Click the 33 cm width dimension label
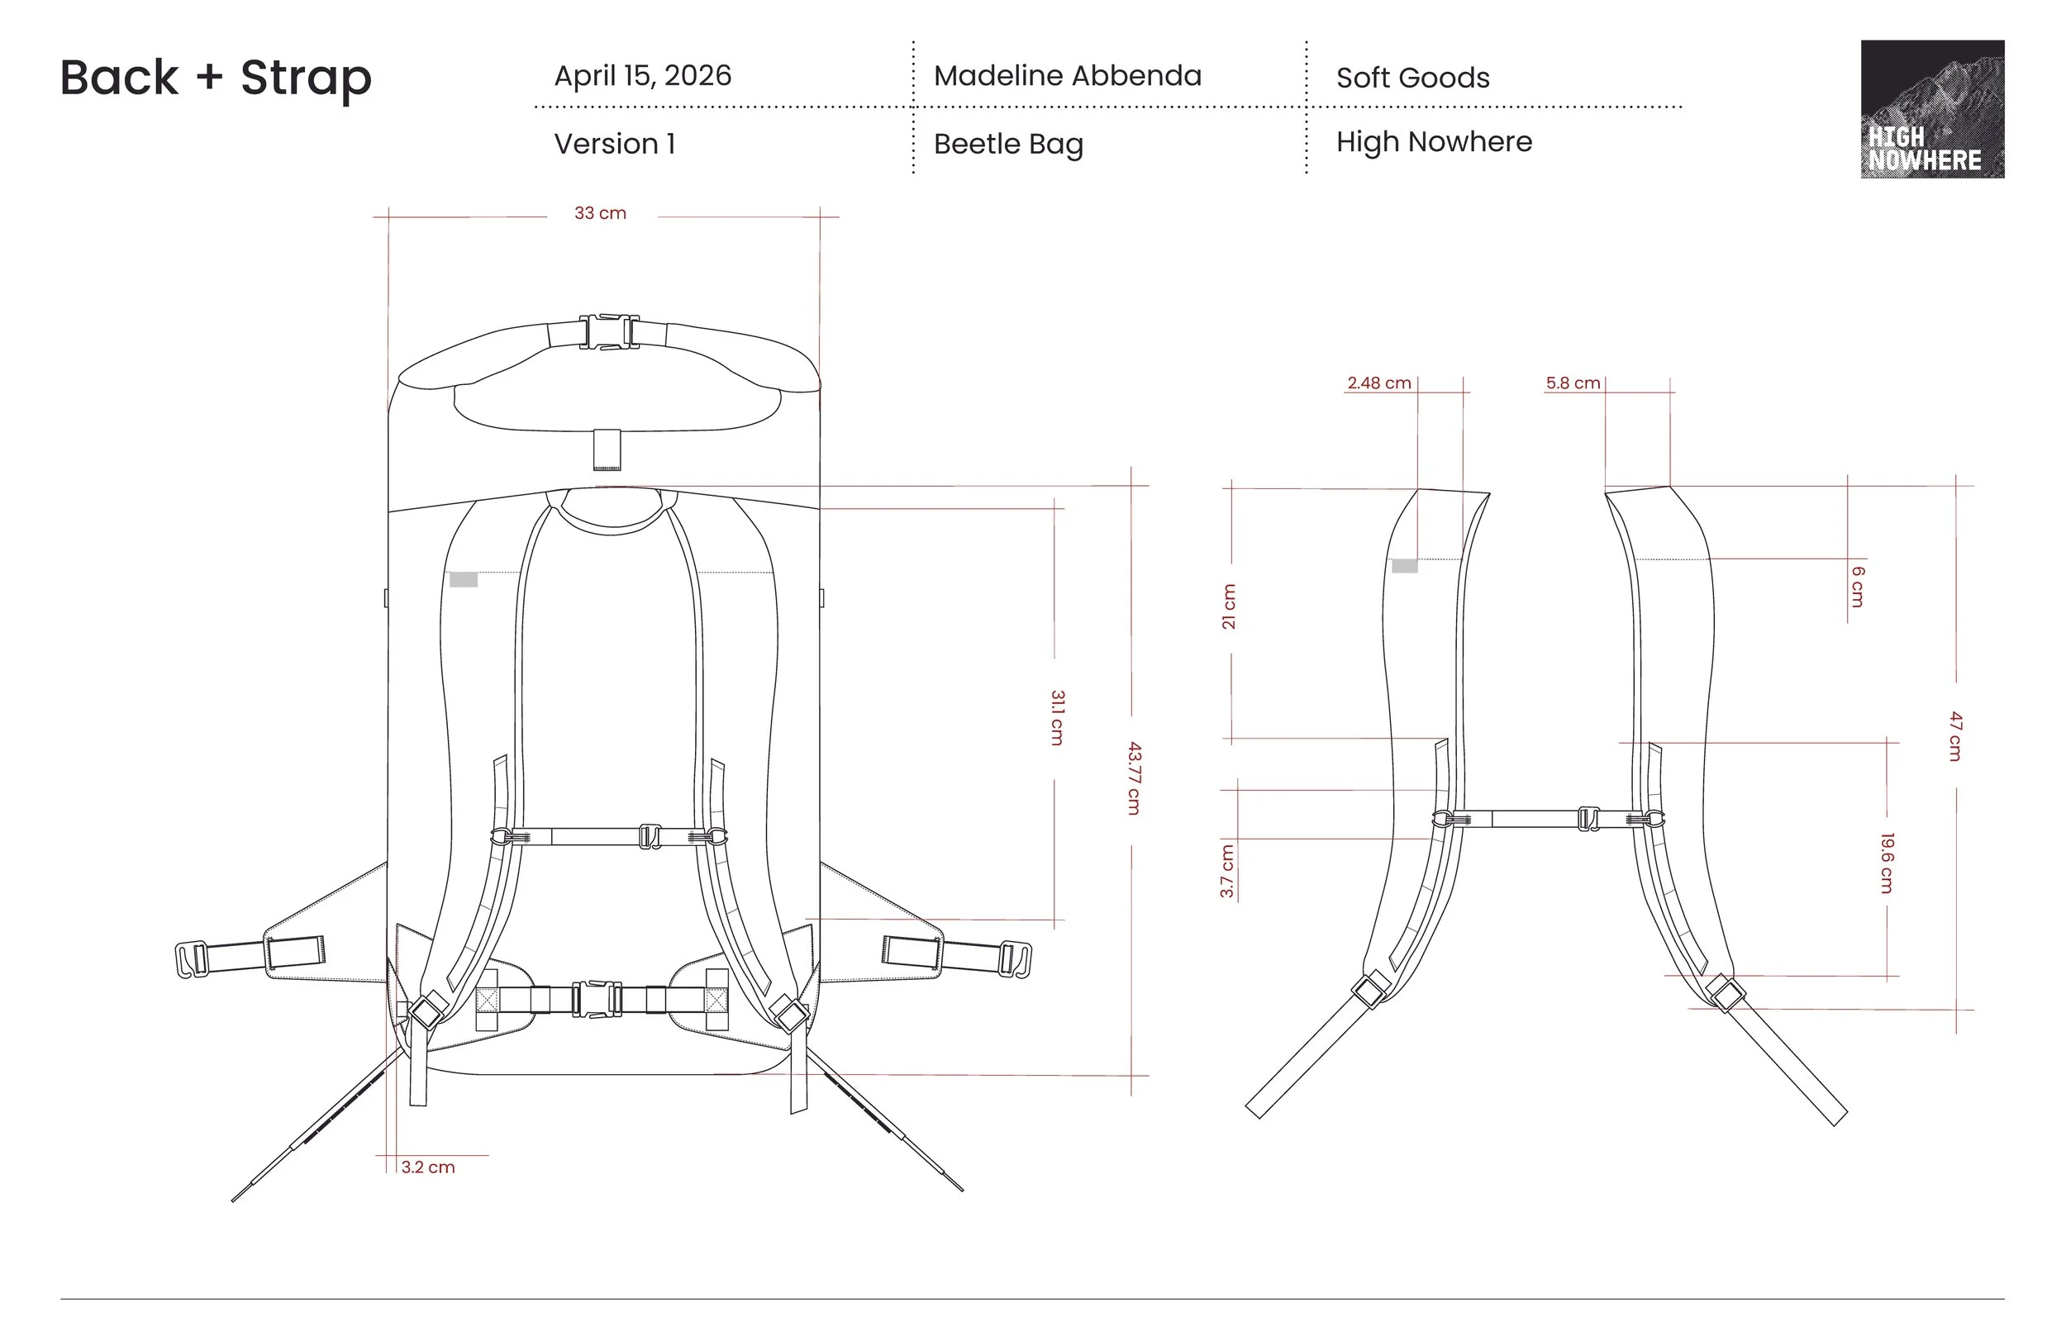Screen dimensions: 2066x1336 600,213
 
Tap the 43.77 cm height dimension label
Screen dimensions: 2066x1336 1134,777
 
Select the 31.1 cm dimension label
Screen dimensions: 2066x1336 1057,717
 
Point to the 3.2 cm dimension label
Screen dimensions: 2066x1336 428,1167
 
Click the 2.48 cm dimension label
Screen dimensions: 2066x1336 1378,383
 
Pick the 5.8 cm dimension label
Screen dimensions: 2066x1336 1573,383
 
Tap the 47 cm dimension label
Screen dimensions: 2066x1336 1955,735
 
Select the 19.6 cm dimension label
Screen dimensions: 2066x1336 1887,863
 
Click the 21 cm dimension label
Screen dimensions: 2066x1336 1228,606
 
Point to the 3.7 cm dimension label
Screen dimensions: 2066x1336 1226,871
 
